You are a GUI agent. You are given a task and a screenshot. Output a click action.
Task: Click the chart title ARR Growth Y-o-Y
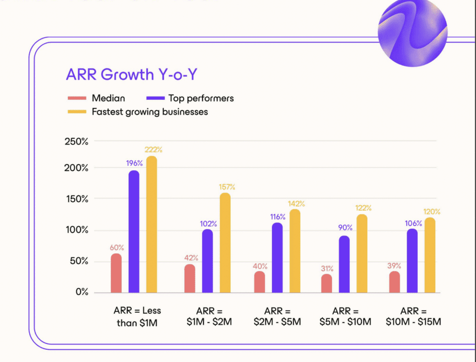[131, 74]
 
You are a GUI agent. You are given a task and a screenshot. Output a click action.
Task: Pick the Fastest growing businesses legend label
[150, 112]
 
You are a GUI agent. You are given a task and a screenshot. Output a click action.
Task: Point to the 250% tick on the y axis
[77, 142]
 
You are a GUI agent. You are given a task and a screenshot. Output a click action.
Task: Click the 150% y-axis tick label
[77, 199]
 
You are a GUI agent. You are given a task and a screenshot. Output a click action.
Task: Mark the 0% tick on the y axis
[81, 292]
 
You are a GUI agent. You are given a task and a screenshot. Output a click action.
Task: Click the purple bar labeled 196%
[134, 232]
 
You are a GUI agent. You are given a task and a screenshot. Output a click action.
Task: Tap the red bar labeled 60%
[116, 273]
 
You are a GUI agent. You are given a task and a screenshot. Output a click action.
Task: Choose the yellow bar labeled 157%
[225, 243]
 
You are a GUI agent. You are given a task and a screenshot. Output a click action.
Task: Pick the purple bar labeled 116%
[277, 258]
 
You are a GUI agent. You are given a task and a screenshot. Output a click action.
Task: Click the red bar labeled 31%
[326, 284]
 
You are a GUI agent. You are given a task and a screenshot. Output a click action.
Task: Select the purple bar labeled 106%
[412, 261]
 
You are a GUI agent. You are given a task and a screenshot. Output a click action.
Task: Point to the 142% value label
[296, 204]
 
